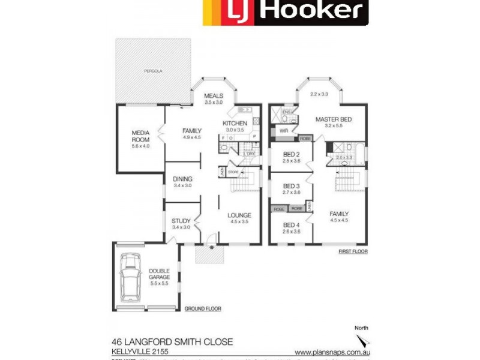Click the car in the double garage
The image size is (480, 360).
tap(129, 278)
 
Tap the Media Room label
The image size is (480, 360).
tap(140, 136)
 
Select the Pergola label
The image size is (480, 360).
tap(153, 71)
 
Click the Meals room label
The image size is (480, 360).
tap(214, 96)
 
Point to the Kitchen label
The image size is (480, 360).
tap(235, 123)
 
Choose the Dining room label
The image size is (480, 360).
tap(182, 179)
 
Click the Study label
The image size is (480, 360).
tap(181, 221)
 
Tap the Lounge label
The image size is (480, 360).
tap(239, 215)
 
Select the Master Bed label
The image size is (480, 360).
tap(333, 119)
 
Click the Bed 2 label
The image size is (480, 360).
tap(291, 154)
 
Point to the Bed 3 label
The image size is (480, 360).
tap(291, 187)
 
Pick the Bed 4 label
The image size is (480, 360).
tap(291, 225)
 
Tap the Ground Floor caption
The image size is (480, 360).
tap(203, 309)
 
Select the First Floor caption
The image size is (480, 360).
tap(352, 251)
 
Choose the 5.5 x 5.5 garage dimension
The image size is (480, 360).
tap(160, 284)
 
